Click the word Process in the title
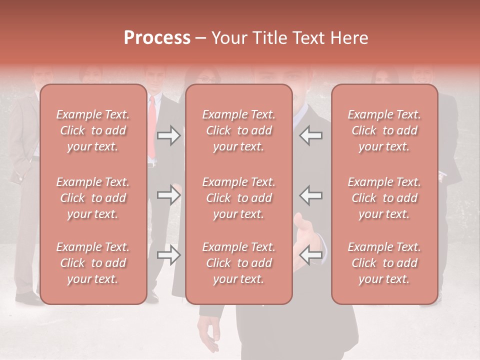tap(157, 38)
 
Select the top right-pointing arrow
tap(169, 135)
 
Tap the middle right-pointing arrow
tap(169, 195)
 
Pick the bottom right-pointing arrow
tap(169, 255)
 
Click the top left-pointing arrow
tap(310, 135)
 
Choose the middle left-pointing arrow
tap(310, 195)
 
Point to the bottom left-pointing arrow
tap(310, 255)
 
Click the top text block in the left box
tap(93, 130)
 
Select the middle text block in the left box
tap(93, 198)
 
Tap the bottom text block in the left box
tap(93, 263)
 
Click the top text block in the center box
tap(238, 130)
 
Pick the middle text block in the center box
tap(238, 198)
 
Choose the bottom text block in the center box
tap(238, 263)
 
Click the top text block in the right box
tap(384, 130)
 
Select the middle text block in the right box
tap(384, 198)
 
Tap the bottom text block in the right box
tap(384, 263)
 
